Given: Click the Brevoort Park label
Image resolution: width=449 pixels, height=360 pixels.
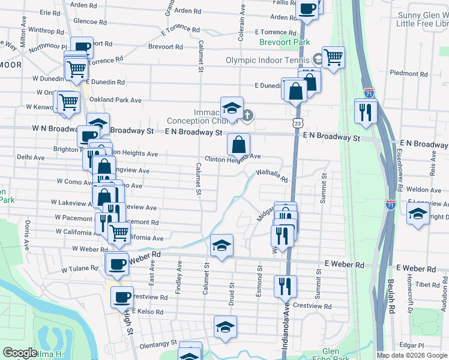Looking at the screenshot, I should pos(285,43).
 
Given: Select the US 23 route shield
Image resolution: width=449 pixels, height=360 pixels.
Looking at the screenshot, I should pos(298,122).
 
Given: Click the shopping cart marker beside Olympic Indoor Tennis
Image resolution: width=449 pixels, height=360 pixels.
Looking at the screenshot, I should pos(333,57).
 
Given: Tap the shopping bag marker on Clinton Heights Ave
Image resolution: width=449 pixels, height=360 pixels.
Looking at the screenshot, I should pos(238,144).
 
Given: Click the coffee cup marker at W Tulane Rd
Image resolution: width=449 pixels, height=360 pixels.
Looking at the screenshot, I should pos(117,263).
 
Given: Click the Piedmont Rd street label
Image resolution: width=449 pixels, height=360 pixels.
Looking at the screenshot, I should pos(408,74).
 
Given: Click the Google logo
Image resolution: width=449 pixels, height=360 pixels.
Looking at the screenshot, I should pos(20,353).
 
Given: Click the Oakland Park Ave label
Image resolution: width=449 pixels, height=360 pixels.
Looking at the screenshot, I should pos(115,100).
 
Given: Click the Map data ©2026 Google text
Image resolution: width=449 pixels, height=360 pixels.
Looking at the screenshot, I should pos(411,355).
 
